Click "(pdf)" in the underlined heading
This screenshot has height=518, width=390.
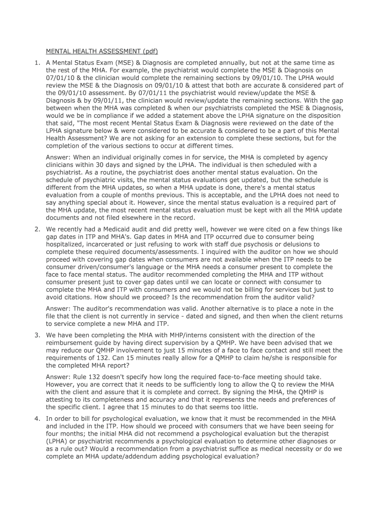149,51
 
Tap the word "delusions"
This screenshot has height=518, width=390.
285,244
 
